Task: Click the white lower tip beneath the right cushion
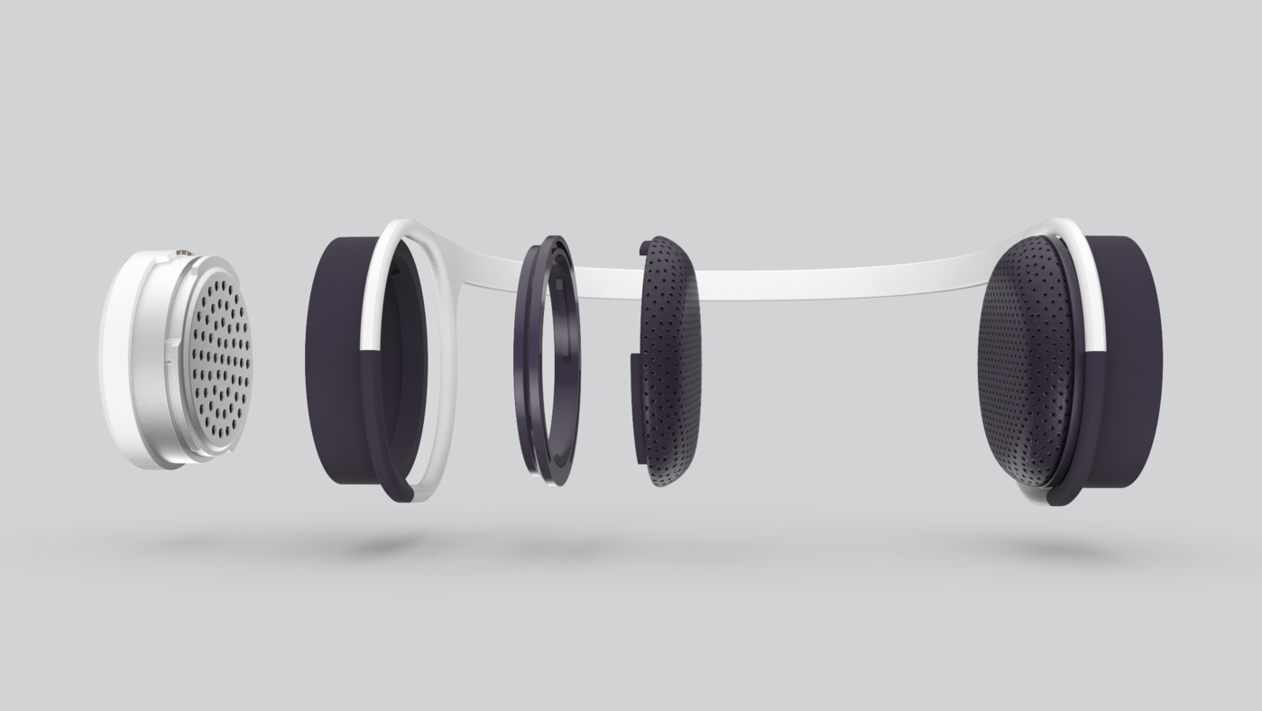pyautogui.click(x=1037, y=496)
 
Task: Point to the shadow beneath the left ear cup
pyautogui.click(x=370, y=547)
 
